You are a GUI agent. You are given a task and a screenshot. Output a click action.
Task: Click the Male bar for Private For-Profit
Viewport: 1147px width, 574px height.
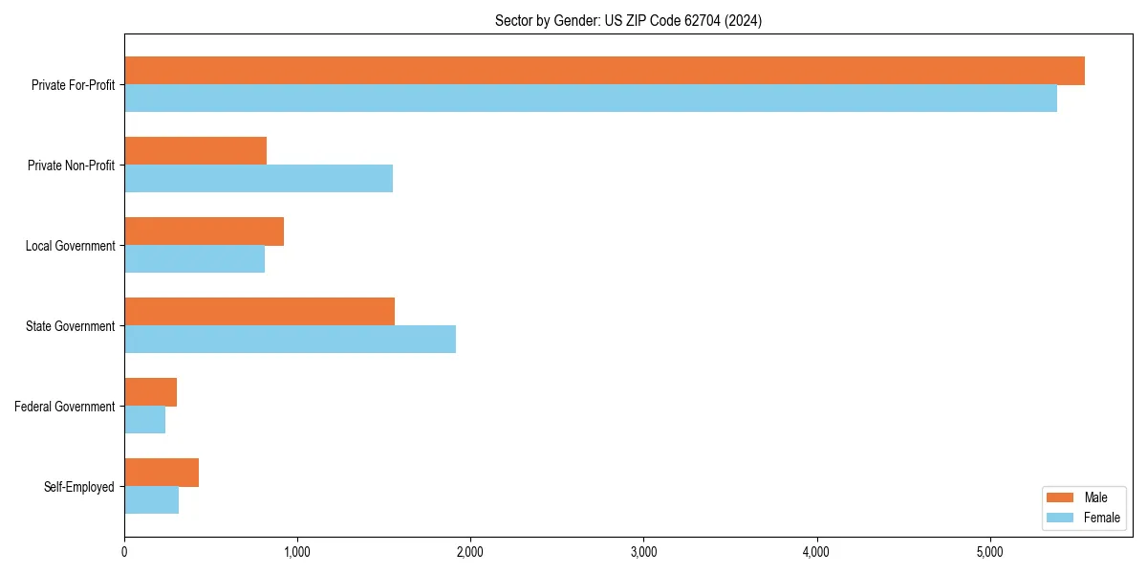(x=604, y=71)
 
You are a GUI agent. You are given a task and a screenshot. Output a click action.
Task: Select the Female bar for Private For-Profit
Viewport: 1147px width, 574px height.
(x=591, y=99)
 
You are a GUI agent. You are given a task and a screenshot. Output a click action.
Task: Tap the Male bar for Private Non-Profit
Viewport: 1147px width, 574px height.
(x=195, y=151)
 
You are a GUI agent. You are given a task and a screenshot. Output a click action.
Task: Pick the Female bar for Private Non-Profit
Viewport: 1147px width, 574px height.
(x=258, y=179)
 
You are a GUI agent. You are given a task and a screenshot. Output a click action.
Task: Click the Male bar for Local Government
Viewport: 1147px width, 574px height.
(x=204, y=232)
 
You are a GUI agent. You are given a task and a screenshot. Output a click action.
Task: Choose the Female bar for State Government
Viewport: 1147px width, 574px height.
(x=290, y=340)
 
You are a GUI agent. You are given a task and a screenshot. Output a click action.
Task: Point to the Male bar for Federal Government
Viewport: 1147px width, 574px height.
(x=150, y=392)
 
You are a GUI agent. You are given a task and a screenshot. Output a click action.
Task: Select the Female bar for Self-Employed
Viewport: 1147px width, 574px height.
(x=151, y=500)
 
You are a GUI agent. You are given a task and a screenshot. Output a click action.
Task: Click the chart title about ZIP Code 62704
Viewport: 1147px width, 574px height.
(x=628, y=20)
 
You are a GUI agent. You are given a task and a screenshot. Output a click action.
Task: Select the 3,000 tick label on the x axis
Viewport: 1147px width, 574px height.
(x=643, y=552)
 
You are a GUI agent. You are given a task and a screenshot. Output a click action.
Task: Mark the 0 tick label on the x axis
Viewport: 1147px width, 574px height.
(x=124, y=552)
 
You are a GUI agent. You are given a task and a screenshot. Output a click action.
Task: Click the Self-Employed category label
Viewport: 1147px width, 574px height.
(x=79, y=487)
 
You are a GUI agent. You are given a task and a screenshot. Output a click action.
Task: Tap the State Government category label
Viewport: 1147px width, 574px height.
(x=70, y=326)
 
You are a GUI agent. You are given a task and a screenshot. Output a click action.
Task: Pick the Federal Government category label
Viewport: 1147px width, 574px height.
(x=65, y=407)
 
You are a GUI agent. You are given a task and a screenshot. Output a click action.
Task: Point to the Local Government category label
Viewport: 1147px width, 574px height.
(x=70, y=246)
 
